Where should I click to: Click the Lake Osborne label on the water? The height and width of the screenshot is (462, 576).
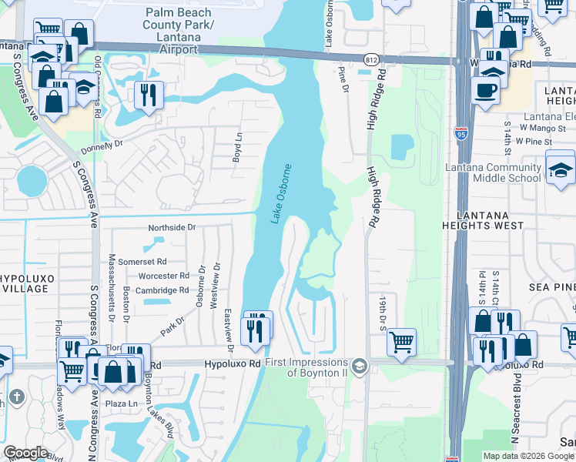pos(281,194)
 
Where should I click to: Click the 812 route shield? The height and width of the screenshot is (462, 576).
pos(372,59)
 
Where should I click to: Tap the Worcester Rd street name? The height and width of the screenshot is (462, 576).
pos(163,276)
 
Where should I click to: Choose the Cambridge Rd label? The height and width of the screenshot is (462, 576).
pos(162,290)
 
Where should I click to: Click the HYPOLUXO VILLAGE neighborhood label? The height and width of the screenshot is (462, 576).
pos(25,283)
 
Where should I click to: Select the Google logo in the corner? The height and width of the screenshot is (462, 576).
pos(25,453)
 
